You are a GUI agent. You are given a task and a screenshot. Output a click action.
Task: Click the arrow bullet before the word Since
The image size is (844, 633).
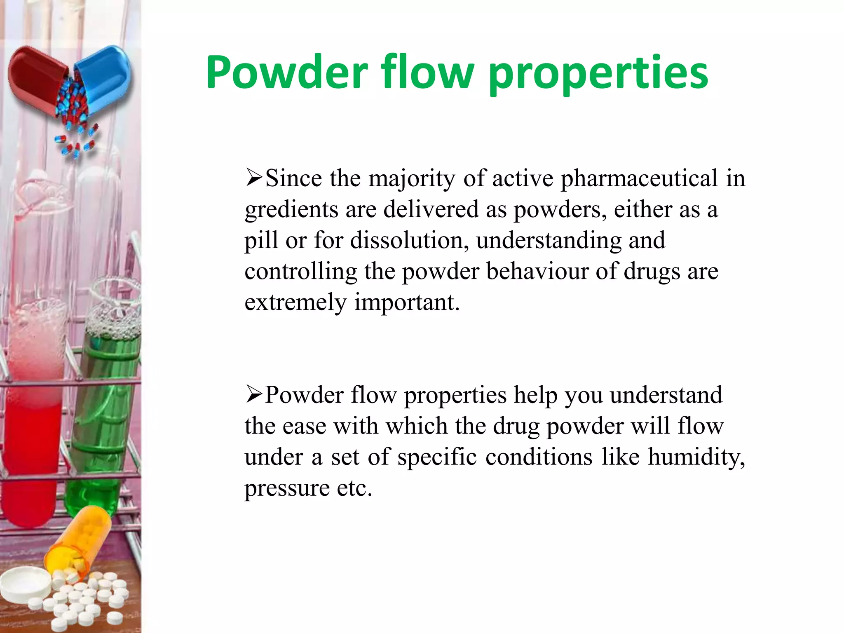click(254, 178)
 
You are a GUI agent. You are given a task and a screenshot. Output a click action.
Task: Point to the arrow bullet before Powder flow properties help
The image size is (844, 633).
click(254, 394)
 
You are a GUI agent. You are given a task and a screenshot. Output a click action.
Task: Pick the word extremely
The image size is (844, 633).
click(295, 302)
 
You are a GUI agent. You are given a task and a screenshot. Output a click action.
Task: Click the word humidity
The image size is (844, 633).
click(696, 457)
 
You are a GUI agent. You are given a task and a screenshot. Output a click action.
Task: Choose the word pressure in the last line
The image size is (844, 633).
click(287, 489)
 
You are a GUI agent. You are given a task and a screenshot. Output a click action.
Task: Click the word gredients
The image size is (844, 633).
click(291, 209)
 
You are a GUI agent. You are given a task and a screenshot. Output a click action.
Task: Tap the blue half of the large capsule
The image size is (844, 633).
click(103, 74)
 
